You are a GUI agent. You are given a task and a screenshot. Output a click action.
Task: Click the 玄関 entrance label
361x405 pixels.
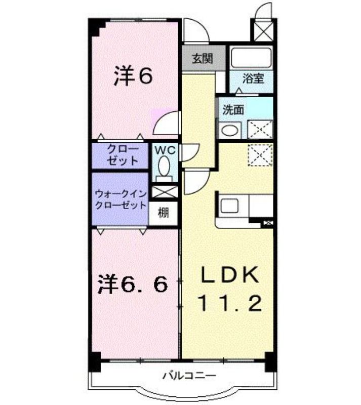pos(203,59)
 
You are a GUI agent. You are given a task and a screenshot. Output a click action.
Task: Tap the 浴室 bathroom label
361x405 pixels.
pos(253,78)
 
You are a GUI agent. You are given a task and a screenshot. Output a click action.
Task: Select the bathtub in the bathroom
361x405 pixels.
pos(251,58)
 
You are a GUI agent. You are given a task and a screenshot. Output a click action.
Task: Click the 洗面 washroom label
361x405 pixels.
pos(233,110)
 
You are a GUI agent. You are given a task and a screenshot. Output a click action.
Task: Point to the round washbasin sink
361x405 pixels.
pos(230,130)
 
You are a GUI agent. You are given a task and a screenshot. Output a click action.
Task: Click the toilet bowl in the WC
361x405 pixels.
pos(164,167)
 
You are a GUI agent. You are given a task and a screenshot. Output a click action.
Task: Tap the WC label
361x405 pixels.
pos(166,150)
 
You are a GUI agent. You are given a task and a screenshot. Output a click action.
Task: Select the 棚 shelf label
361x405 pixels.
pos(164,213)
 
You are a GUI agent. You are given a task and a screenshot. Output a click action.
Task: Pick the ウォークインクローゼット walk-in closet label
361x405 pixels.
pos(121,199)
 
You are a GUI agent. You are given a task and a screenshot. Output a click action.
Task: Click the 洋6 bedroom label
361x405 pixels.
pos(133,75)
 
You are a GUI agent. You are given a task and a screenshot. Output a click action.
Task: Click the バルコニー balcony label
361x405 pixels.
pos(189,376)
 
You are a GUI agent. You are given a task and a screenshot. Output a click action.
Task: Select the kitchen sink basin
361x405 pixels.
pos(229,206)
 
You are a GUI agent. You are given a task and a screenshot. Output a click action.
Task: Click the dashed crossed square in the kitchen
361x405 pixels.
pos(260,155)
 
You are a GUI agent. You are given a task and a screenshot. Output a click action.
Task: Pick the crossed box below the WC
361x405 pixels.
pos(165,192)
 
